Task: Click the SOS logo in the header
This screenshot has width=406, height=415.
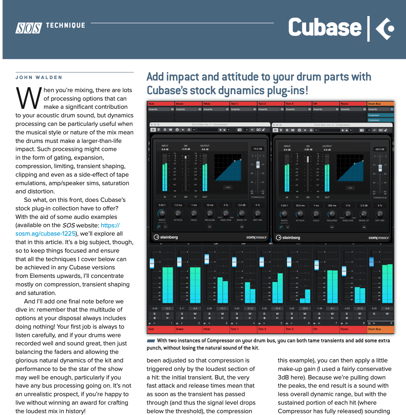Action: pos(29,28)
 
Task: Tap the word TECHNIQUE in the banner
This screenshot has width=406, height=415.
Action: pos(66,26)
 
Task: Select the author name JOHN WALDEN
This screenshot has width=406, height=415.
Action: pos(39,78)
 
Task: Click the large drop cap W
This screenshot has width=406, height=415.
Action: pos(29,98)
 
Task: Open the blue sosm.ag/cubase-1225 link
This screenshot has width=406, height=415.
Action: pos(46,233)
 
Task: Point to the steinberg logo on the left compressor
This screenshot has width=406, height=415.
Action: pos(166,237)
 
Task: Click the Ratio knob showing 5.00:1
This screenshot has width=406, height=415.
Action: pos(162,213)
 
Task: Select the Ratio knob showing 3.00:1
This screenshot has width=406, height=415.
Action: pos(284,214)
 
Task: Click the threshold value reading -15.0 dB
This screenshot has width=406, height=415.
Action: pos(258,149)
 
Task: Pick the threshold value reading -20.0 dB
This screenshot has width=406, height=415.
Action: pos(380,149)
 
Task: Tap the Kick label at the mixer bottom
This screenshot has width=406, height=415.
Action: pos(152,329)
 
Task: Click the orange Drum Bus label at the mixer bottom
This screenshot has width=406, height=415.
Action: pos(374,329)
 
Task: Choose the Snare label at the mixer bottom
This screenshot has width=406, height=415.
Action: pos(179,329)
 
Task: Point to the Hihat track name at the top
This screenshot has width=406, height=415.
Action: pos(207,104)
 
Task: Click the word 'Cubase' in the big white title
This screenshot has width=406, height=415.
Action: pos(325,28)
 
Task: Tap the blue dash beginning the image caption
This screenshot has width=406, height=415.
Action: pos(151,341)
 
